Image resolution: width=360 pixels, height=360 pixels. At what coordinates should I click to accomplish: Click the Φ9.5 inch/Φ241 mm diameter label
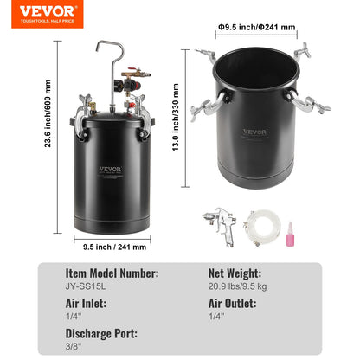[256, 27]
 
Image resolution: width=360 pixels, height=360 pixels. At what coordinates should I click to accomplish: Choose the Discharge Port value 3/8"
[73, 348]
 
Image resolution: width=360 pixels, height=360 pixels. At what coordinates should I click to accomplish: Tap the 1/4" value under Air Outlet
[215, 316]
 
